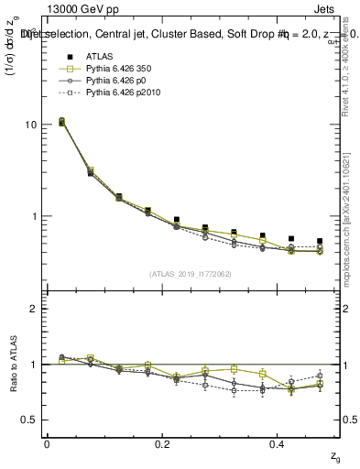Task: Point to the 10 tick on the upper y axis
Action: pyautogui.click(x=31, y=125)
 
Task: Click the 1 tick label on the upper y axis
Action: pyautogui.click(x=34, y=217)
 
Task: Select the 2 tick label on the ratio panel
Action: pyautogui.click(x=34, y=309)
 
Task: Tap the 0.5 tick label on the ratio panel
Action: pyautogui.click(x=30, y=420)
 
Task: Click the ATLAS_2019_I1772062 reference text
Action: pyautogui.click(x=191, y=273)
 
